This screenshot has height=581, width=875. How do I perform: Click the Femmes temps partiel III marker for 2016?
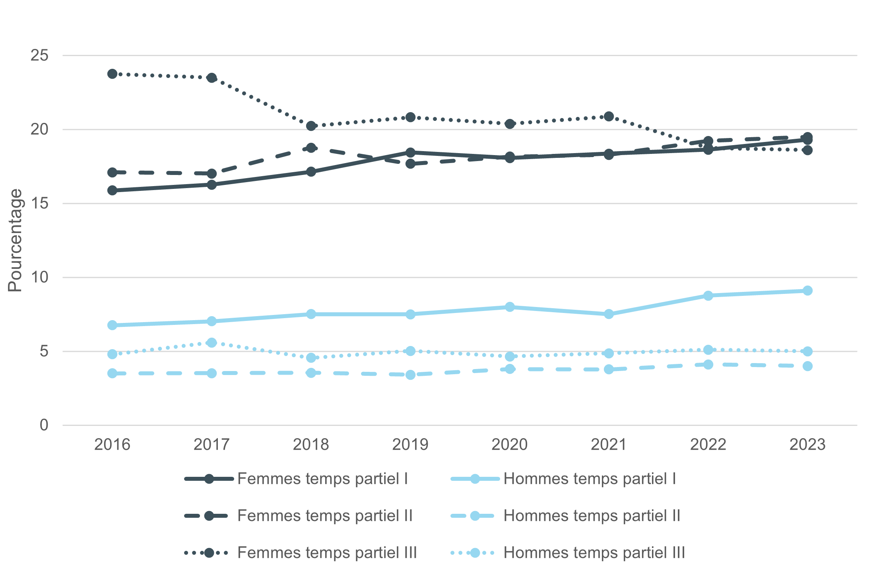(x=113, y=74)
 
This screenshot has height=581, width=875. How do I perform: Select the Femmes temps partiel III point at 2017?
(x=212, y=78)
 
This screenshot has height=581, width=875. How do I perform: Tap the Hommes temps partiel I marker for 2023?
(x=807, y=291)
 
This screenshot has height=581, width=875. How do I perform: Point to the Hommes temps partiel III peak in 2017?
(x=212, y=342)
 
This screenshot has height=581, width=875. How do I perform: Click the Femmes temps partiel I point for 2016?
(x=113, y=190)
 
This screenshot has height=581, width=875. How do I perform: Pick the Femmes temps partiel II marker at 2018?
(x=311, y=148)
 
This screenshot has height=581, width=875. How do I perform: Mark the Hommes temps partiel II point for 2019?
(x=411, y=375)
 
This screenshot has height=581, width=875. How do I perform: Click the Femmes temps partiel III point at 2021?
(x=609, y=117)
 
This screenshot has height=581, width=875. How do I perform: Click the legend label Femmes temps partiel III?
(x=327, y=553)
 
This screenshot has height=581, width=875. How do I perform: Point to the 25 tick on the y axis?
(x=39, y=56)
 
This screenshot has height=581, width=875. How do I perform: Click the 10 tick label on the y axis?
(x=39, y=277)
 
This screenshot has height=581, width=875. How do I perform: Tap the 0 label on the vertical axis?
(x=44, y=425)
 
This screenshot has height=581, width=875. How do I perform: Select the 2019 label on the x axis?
(x=410, y=445)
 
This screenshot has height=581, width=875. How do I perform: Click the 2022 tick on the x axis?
(x=708, y=445)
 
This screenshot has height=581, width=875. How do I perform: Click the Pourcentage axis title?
(x=15, y=240)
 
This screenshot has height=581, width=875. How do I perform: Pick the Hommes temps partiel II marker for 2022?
(x=708, y=364)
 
